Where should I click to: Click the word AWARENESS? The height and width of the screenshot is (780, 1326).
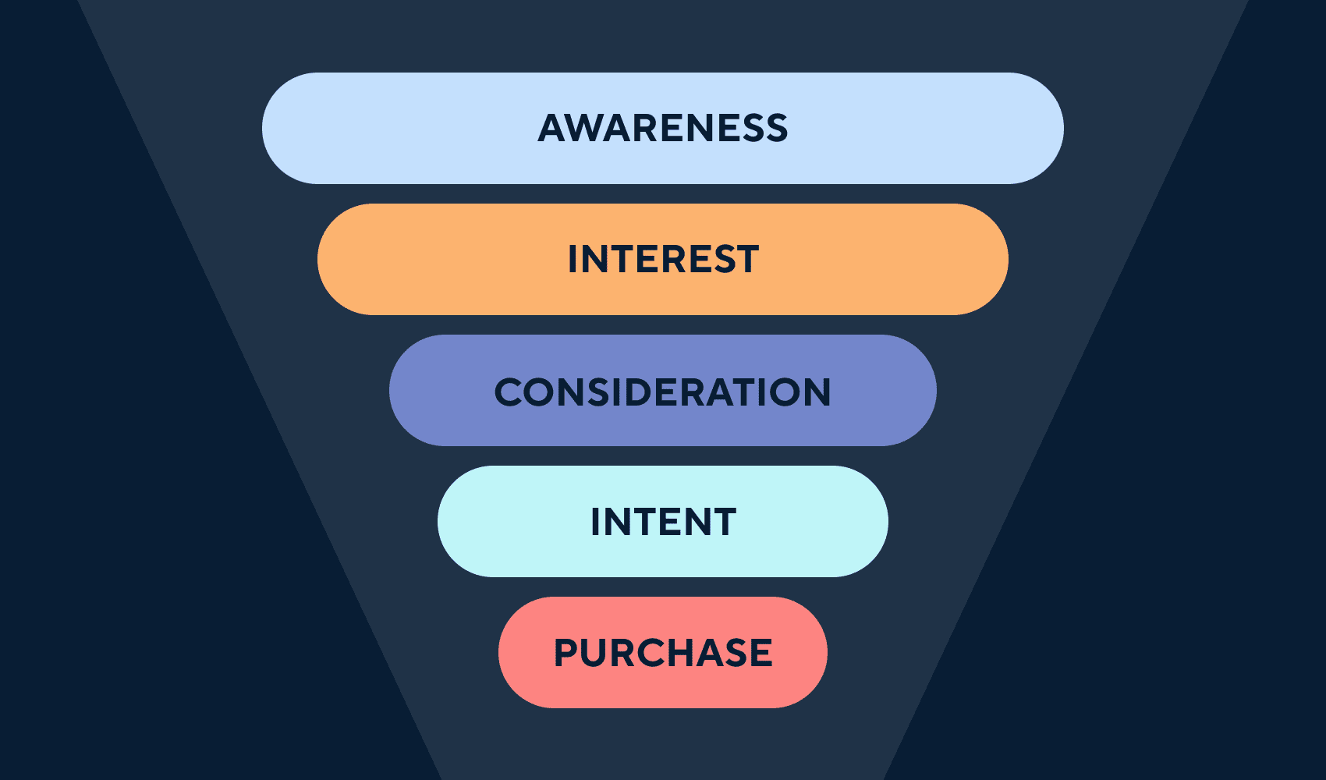663,128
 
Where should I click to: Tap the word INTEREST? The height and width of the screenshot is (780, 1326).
663,259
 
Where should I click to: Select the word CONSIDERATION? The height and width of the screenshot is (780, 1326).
663,392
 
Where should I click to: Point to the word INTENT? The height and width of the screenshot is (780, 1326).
663,521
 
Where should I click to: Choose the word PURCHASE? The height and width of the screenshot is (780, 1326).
663,653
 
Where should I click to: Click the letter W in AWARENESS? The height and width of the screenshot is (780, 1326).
590,128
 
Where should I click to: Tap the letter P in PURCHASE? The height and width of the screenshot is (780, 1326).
566,653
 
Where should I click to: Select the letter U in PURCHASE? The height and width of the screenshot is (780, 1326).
596,653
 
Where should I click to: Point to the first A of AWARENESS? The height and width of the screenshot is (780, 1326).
552,128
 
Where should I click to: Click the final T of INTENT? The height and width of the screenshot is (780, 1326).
723,521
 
